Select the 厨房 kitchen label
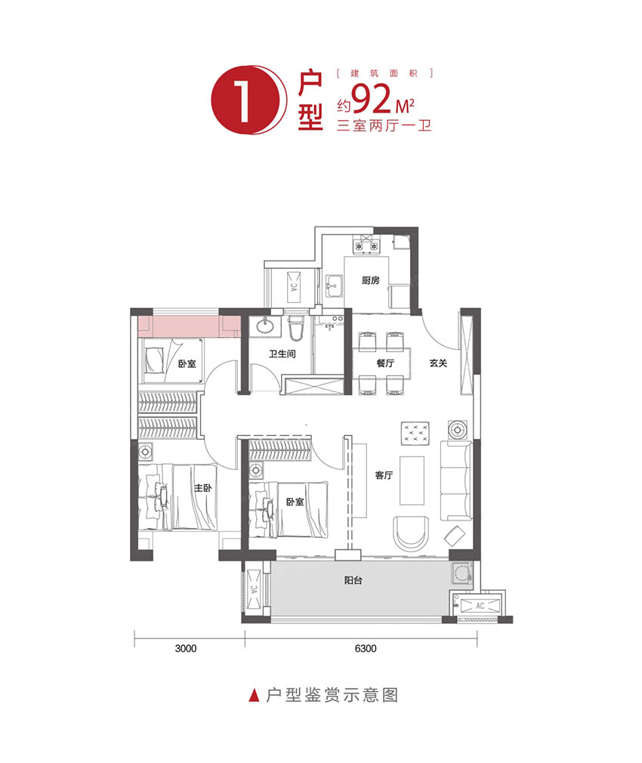pos(369,281)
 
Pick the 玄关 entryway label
pos(439,363)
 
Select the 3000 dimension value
pos(184,648)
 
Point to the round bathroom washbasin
pos(265,327)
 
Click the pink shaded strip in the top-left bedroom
pos(185,326)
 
